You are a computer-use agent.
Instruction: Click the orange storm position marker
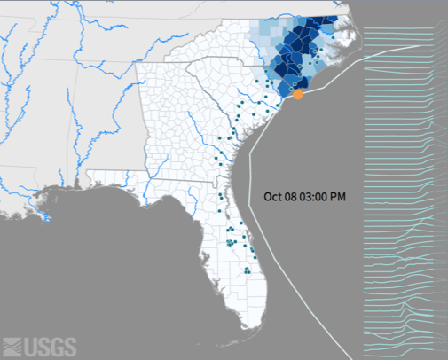coord(299,93)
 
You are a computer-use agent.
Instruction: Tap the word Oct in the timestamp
coord(273,197)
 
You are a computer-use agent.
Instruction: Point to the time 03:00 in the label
coord(317,197)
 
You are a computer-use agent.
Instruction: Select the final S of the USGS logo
coord(69,347)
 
